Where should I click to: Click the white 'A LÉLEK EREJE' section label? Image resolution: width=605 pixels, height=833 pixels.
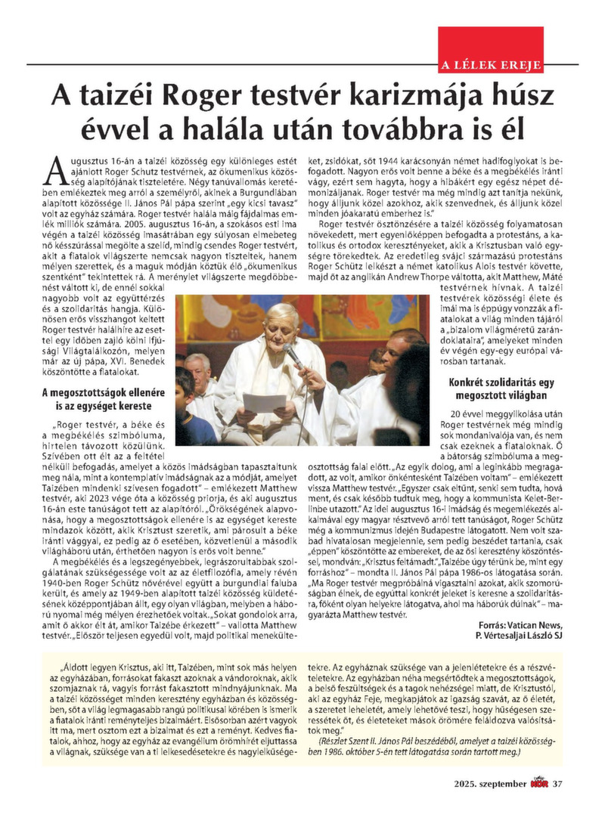(491, 66)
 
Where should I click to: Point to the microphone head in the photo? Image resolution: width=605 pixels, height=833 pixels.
(291, 353)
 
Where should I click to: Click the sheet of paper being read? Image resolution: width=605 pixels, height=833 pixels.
(265, 403)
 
